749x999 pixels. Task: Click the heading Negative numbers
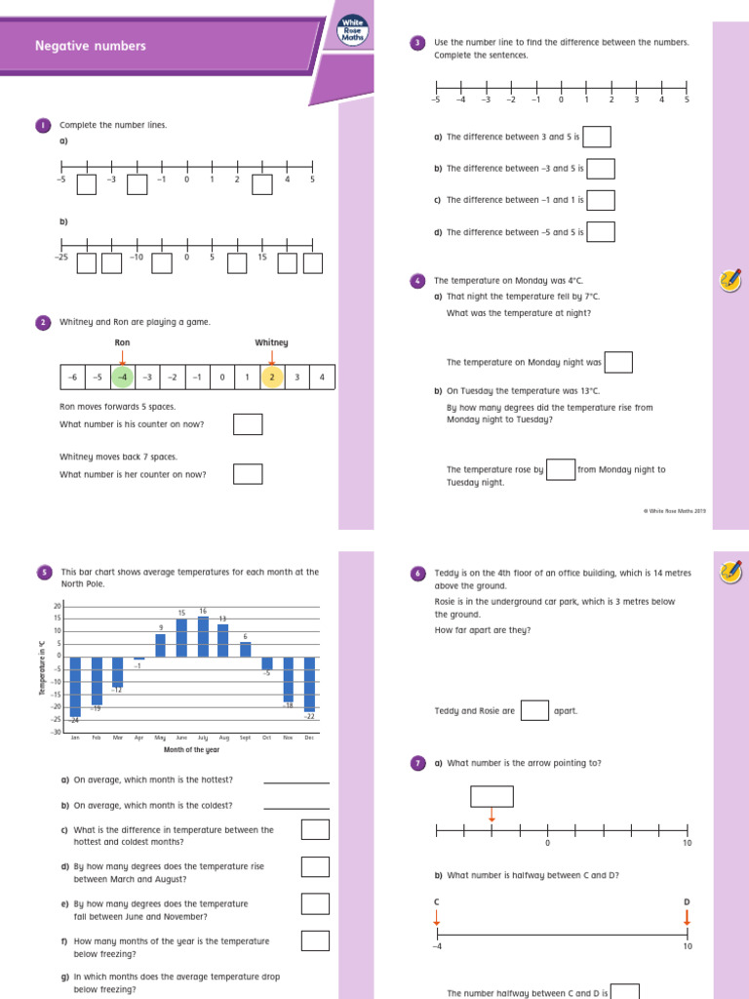pos(91,46)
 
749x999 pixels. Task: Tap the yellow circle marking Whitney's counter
pos(272,378)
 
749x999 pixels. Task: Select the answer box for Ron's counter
pos(248,424)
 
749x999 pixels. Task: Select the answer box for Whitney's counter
pos(248,474)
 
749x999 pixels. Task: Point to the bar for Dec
pos(309,684)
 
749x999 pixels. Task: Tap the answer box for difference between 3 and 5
pos(597,137)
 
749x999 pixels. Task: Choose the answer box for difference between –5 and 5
pos(600,232)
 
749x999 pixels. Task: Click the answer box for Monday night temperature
pos(618,362)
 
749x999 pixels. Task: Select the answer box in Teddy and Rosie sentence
pos(534,710)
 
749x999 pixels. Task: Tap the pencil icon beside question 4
pos(729,281)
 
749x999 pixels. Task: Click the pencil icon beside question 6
pos(729,573)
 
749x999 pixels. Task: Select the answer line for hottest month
pos(296,780)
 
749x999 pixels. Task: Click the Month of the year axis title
pos(191,749)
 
